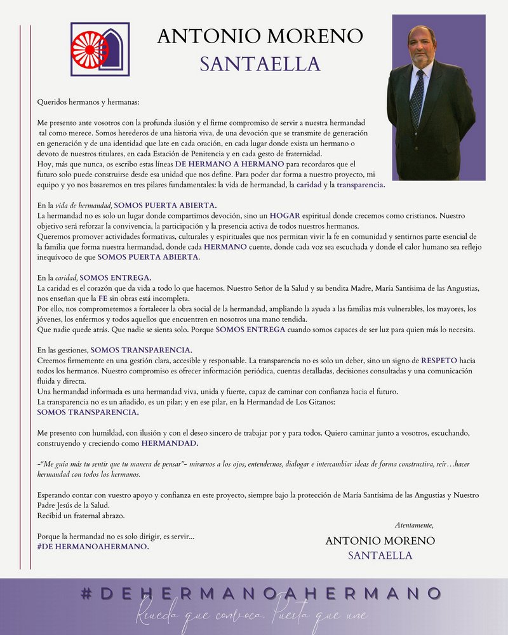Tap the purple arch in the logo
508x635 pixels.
pos(115,49)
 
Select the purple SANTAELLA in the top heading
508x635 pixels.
pos(260,63)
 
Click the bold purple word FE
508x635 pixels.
pos(102,299)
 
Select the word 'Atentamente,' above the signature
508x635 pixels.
pos(414,525)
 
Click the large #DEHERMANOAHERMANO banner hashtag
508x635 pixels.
pos(262,594)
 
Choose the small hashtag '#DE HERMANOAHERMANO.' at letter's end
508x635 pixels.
pos(93,547)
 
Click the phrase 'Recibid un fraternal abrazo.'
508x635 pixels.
pos(81,516)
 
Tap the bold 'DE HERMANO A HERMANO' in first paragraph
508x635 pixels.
pos(230,164)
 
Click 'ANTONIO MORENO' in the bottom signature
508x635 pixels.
pos(380,541)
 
